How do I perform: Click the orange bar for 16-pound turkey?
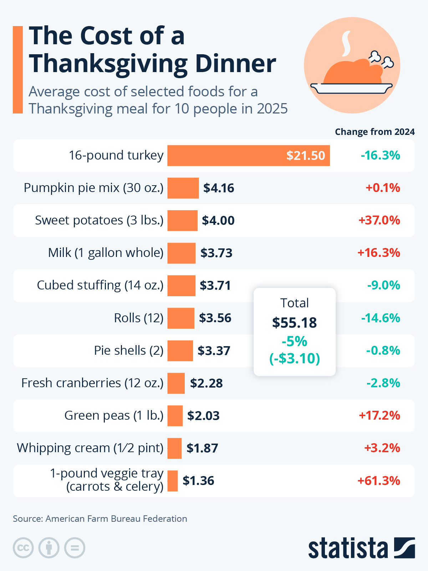point(248,156)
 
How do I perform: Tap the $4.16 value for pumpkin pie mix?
point(219,188)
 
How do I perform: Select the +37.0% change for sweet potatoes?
point(379,220)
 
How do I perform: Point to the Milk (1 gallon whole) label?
point(106,253)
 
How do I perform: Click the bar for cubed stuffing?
point(181,285)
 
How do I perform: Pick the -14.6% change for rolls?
point(381,318)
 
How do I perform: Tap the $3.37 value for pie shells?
point(214,351)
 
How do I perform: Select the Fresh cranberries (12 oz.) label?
point(92,383)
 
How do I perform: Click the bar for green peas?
point(175,416)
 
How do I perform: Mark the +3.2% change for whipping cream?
point(382,448)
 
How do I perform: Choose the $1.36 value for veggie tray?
point(198,481)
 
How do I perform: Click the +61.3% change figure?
point(379,481)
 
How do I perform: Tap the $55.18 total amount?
point(294,323)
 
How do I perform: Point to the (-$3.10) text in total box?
point(294,358)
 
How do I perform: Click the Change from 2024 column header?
point(374,132)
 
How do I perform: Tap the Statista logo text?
point(348,548)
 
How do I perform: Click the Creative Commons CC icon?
point(23,548)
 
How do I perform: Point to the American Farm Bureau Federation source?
point(116,519)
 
